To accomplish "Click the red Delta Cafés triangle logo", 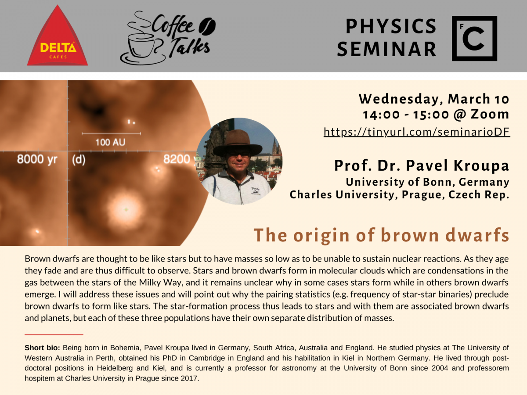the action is coord(57,38).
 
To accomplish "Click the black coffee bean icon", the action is coord(207,26).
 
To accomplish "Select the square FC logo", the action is coord(474,38).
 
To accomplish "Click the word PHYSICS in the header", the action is coord(391,26).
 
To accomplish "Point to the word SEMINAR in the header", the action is coord(386,49).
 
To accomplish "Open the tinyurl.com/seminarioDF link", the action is coord(417,132).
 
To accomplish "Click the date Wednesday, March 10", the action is coord(434,99).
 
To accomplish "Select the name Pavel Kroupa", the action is coord(457,165).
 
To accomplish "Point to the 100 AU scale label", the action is coord(110,142).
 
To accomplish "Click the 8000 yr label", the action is coord(37,159).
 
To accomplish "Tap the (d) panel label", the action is coord(79,160).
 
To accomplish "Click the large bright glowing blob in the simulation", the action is coord(126,210).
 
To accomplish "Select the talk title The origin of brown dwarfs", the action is coord(381,235).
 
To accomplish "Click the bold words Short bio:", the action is coord(42,348).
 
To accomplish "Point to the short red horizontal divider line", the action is coord(54,334).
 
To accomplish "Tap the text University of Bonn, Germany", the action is coord(427,182).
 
